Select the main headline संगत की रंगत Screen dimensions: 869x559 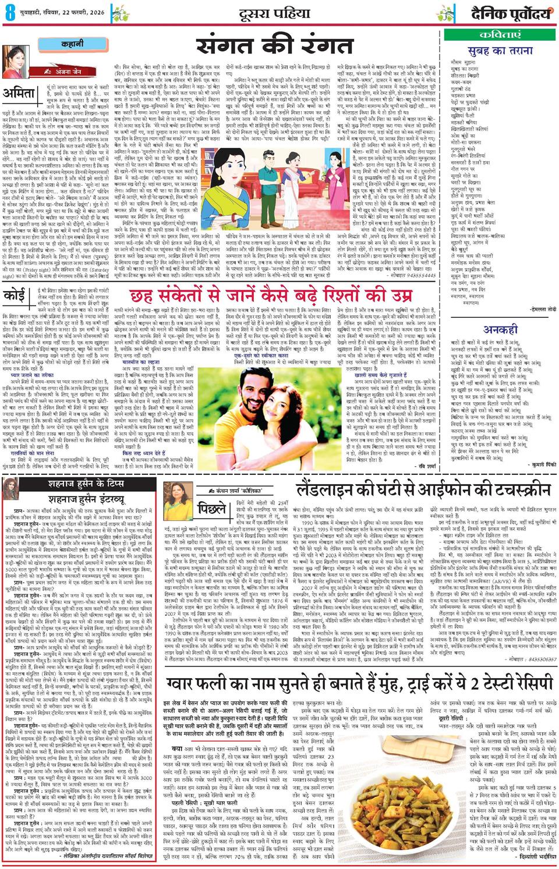274,45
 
